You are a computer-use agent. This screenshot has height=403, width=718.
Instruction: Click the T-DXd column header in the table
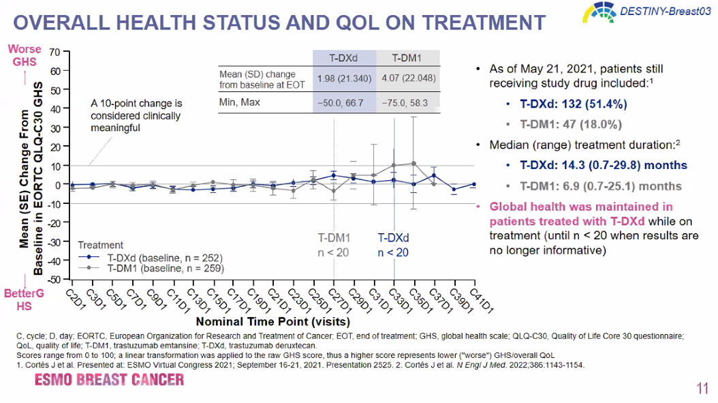click(343, 58)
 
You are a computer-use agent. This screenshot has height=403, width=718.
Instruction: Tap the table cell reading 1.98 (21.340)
click(344, 79)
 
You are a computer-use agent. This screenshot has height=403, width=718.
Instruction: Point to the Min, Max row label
click(241, 102)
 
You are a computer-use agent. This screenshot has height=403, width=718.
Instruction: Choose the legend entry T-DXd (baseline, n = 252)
click(164, 258)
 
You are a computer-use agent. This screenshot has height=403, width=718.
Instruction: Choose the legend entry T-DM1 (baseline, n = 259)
click(164, 269)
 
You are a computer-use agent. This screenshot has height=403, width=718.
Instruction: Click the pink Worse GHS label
click(25, 55)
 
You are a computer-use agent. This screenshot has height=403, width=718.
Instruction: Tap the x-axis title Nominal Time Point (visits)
click(272, 320)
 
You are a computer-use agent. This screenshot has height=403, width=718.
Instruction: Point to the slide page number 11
click(702, 389)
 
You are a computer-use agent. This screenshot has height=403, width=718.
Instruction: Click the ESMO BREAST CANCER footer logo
click(110, 379)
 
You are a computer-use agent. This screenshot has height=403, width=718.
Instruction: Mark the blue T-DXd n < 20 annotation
click(393, 245)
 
